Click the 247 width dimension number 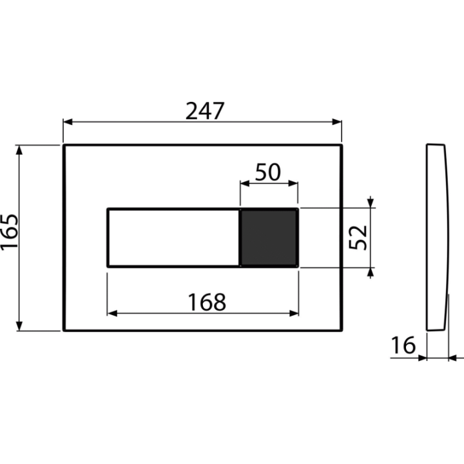(205, 111)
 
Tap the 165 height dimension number (10, 232)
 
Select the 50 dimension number (267, 172)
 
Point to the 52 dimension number (358, 237)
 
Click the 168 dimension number (207, 302)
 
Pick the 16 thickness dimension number (403, 345)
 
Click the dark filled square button (269, 238)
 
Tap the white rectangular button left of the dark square (173, 238)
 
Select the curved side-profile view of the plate (438, 237)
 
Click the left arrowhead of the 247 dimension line (68, 122)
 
